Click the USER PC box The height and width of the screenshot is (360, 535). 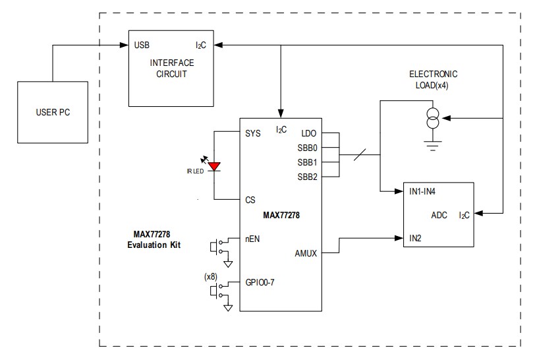click(x=52, y=112)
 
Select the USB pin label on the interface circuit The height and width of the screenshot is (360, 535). click(x=142, y=45)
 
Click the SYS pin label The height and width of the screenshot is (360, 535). click(x=253, y=133)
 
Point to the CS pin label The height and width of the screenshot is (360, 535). click(x=250, y=200)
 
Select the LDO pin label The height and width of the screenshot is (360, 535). click(x=308, y=133)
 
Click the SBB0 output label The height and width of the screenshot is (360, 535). click(x=306, y=147)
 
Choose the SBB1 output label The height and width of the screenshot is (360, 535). click(x=306, y=162)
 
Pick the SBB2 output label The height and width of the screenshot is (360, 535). click(x=306, y=176)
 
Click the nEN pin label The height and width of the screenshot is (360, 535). click(x=253, y=239)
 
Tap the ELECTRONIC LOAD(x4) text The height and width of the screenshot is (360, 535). click(x=433, y=79)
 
